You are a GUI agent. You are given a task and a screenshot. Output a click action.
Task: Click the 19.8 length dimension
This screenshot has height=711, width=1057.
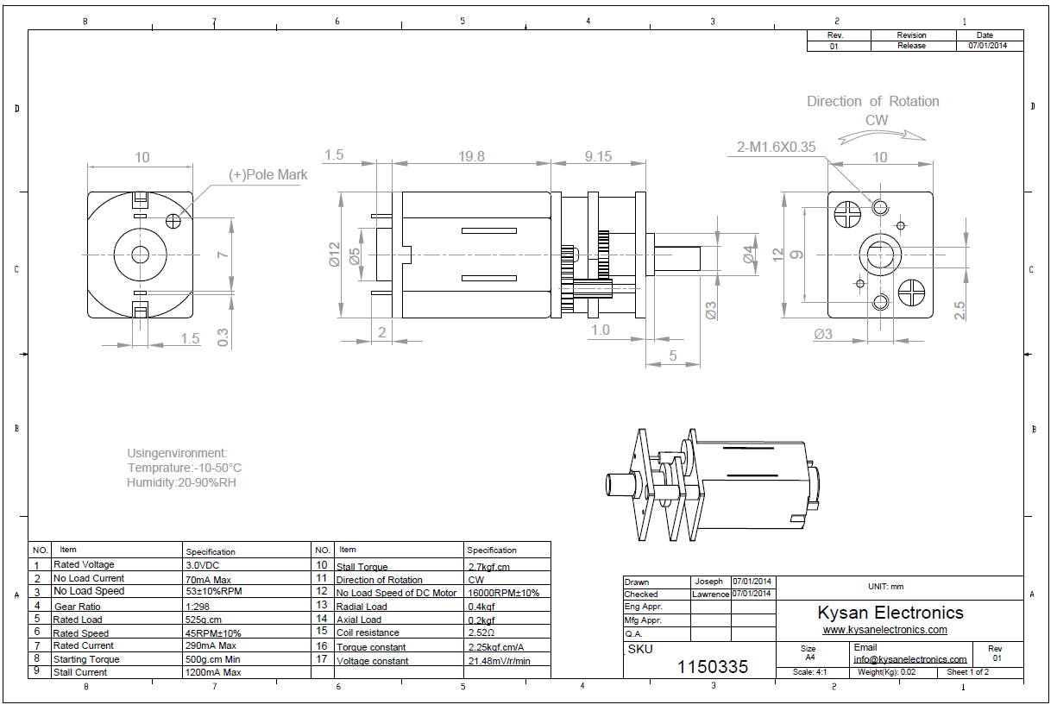[472, 156]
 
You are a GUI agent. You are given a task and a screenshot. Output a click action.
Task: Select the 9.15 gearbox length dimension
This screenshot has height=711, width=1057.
[598, 156]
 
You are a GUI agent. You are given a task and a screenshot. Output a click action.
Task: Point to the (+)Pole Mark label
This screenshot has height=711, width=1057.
[267, 174]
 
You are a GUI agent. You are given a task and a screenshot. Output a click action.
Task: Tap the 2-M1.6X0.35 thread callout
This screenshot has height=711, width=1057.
[777, 147]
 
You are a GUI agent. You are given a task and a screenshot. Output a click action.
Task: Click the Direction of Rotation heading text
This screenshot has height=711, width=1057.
[872, 102]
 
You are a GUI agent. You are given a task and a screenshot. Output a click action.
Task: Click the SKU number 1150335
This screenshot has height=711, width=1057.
[713, 666]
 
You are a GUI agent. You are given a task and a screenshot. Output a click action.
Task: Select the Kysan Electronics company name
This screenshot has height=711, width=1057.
[890, 613]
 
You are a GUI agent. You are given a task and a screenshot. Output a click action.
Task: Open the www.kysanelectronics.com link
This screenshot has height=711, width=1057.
[884, 630]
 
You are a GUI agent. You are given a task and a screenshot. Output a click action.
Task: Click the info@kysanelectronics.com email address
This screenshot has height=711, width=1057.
[909, 659]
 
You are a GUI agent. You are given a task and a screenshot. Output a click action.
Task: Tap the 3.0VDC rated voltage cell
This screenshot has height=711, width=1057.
[203, 565]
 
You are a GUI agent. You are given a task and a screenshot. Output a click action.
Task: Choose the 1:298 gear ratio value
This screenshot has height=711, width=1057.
[198, 606]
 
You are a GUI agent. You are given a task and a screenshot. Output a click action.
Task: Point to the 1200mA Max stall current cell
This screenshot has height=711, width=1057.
[212, 672]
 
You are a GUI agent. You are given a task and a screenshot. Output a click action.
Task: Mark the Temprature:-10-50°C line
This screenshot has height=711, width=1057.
[185, 468]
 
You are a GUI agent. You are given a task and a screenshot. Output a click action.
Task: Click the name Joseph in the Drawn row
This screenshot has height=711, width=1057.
[709, 582]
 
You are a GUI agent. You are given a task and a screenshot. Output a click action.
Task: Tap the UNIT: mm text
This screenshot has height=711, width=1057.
[885, 587]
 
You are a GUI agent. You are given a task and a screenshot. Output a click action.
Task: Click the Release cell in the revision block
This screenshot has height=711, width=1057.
[911, 46]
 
